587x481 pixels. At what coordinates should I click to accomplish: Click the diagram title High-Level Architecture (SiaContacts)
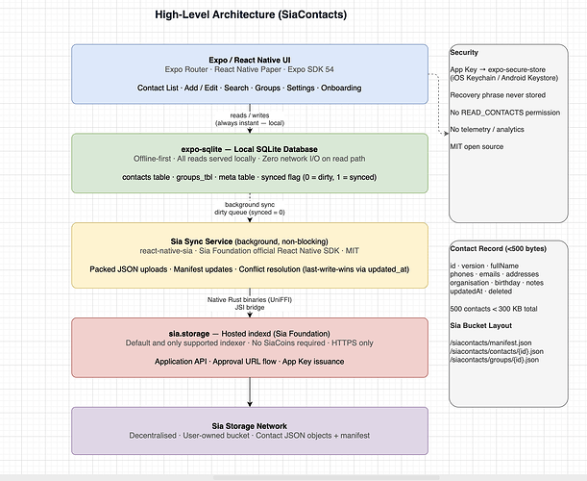click(x=251, y=14)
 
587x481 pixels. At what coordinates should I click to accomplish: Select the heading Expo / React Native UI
click(x=250, y=60)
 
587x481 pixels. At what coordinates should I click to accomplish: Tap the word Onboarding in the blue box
click(x=341, y=88)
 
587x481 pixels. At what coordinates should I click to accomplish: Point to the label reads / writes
click(x=250, y=115)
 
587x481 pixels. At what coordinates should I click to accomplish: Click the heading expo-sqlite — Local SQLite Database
click(x=250, y=149)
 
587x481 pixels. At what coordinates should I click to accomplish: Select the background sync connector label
click(x=250, y=204)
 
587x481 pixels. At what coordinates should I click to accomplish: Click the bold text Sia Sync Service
click(x=202, y=241)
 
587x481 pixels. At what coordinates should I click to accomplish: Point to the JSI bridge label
click(x=250, y=308)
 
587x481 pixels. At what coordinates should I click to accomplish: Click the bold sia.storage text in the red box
click(x=189, y=334)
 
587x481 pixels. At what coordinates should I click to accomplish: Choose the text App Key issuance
click(x=313, y=362)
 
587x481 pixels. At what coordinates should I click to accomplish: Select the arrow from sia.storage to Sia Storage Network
click(x=250, y=392)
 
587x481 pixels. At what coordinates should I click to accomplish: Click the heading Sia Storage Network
click(x=250, y=426)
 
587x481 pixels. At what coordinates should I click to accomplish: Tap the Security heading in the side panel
click(x=464, y=53)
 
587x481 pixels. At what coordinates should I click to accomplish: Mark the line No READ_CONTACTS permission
click(x=505, y=113)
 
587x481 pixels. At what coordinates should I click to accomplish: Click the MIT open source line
click(x=477, y=146)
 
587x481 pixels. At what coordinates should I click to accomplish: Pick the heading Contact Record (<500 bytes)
click(x=499, y=248)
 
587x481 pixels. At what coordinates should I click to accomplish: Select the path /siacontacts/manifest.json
click(x=491, y=342)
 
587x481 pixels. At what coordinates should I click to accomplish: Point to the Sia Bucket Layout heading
click(x=481, y=325)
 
